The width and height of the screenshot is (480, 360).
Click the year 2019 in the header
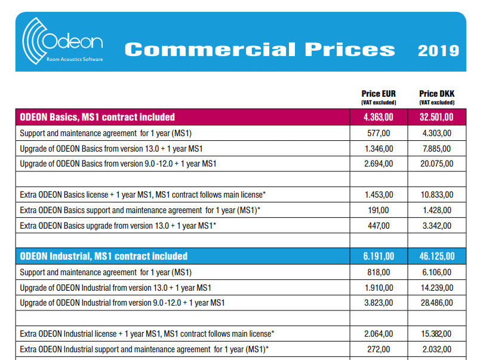(438, 50)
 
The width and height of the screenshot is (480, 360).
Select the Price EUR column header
(379, 94)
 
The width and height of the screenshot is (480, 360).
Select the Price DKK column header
(436, 94)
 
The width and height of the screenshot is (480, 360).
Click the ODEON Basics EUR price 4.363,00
(379, 117)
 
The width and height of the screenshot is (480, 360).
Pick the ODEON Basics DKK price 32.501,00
(436, 117)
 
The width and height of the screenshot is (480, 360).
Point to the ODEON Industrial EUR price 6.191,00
(379, 256)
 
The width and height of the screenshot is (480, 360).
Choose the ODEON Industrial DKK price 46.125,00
(436, 256)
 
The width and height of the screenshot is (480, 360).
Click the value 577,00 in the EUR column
(379, 133)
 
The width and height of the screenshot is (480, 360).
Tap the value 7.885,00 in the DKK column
(436, 148)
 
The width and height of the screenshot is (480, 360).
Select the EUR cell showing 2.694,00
(379, 164)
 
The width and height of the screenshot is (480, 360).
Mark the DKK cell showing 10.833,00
(436, 195)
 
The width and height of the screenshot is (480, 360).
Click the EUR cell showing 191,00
(379, 210)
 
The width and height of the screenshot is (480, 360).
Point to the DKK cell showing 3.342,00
(436, 226)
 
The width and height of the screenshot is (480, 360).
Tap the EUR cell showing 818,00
(379, 272)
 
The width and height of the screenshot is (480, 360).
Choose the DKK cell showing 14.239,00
(436, 287)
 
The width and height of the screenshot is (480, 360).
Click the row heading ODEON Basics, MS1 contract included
(97, 117)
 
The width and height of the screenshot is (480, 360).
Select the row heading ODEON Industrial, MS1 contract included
(104, 256)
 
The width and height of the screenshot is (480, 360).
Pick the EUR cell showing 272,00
(379, 349)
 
